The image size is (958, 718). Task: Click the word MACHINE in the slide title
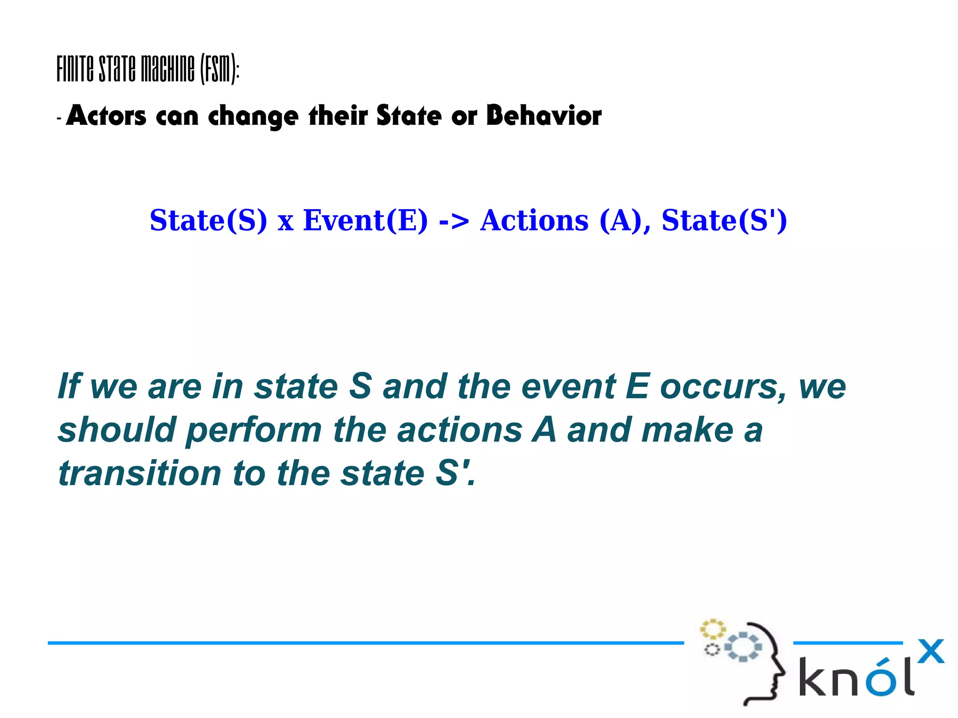(x=167, y=69)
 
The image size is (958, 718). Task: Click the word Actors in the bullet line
(x=106, y=116)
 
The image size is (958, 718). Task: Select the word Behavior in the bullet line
(x=544, y=116)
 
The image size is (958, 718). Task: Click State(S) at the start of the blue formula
(x=208, y=220)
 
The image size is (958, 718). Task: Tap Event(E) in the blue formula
(x=365, y=220)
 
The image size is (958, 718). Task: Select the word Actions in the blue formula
(x=534, y=220)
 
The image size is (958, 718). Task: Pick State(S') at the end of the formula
(x=724, y=220)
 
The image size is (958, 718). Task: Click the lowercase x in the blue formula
(x=285, y=223)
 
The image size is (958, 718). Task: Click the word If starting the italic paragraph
(x=69, y=386)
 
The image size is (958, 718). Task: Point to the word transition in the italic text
(x=139, y=473)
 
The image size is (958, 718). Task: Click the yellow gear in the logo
(x=712, y=629)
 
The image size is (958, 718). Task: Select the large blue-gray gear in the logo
(x=743, y=647)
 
